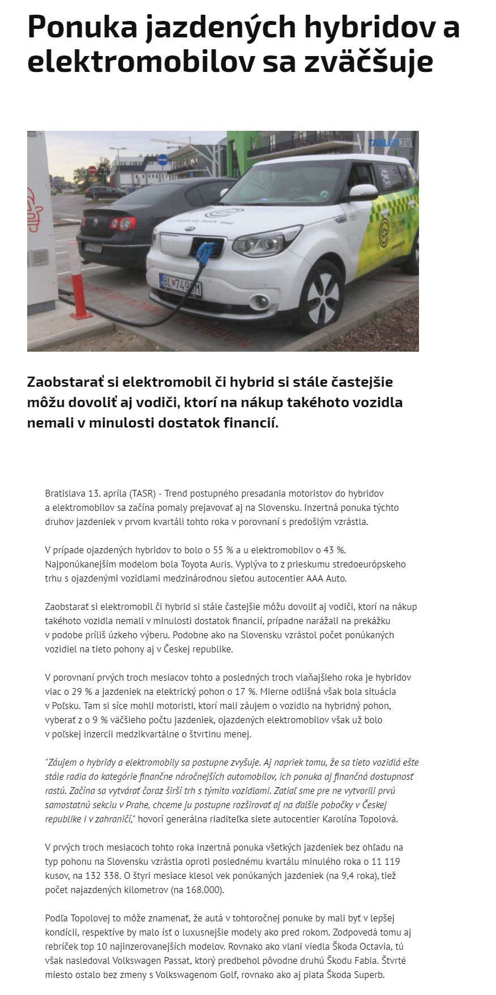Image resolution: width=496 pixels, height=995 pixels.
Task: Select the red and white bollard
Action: click(79, 289)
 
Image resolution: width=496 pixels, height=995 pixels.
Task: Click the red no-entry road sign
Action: click(92, 170)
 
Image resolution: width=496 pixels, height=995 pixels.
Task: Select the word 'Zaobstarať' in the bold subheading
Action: click(59, 382)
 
